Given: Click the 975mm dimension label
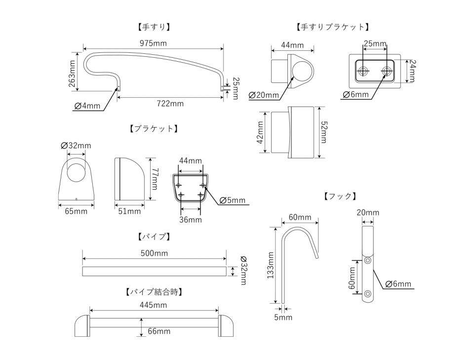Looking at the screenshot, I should (x=153, y=43).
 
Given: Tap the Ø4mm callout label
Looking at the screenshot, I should (x=87, y=106).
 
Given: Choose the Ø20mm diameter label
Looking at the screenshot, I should (x=264, y=95).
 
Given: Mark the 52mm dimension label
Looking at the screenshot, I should (x=323, y=132).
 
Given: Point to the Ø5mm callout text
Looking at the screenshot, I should (x=232, y=200).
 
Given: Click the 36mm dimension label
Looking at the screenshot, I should (x=190, y=219).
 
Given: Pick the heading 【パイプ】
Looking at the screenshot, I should (x=154, y=237).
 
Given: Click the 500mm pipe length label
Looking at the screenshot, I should (x=154, y=253).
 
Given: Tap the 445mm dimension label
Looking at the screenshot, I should (x=153, y=305).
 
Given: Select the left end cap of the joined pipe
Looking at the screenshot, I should (x=81, y=326).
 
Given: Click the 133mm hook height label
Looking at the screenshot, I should (x=270, y=265).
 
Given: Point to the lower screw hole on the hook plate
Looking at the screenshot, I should (x=368, y=294).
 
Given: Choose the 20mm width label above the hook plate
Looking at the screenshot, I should (x=368, y=213).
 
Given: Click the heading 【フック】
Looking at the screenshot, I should (x=340, y=196).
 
